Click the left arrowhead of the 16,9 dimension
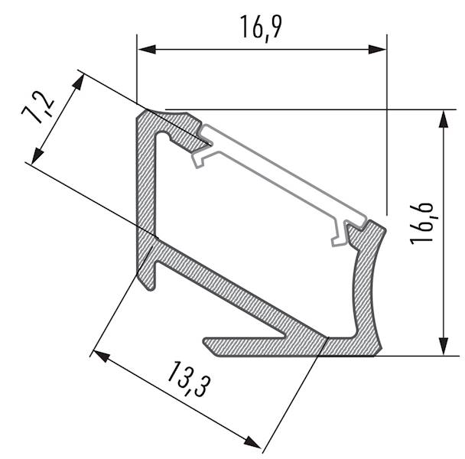point(146,49)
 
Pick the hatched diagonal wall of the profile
point(229,291)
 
